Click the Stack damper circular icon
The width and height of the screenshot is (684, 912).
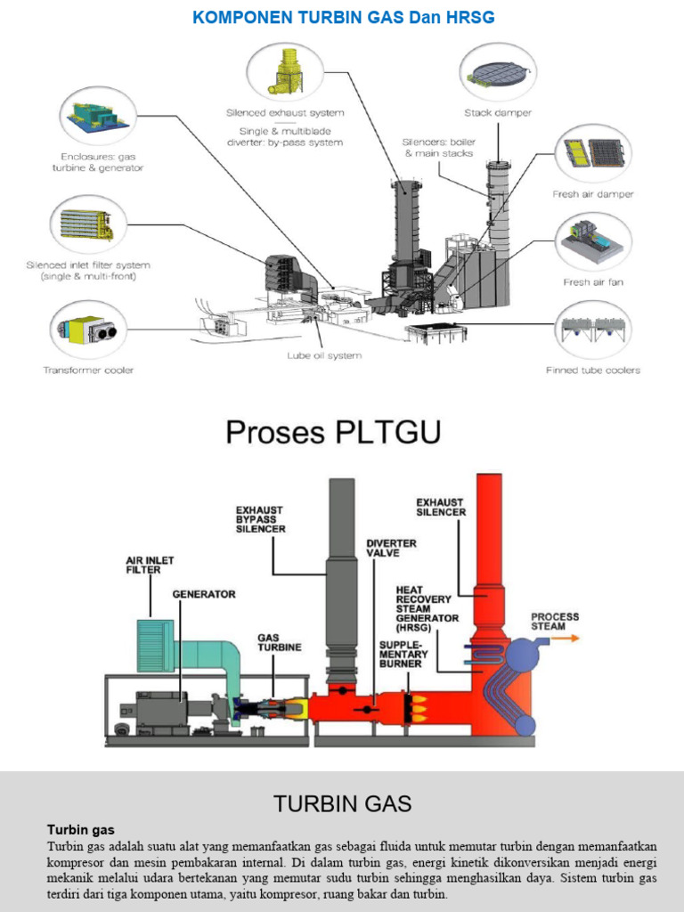pos(498,73)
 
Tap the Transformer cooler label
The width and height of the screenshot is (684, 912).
pos(89,370)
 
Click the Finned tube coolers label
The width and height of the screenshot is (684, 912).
pos(593,370)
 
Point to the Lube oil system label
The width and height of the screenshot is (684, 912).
pos(324,355)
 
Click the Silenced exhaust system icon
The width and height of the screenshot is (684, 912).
pos(285,72)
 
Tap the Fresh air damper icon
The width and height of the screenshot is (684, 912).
pos(593,153)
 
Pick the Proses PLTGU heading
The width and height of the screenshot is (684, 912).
pos(333,432)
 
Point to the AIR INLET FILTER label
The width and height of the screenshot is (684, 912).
pos(150,565)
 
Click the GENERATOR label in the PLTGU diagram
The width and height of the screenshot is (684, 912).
pos(203,594)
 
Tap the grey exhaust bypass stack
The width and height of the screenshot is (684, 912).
pos(341,579)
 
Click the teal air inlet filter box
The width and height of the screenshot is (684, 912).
pos(155,645)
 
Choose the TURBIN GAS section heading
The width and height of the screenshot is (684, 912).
pos(342,804)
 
